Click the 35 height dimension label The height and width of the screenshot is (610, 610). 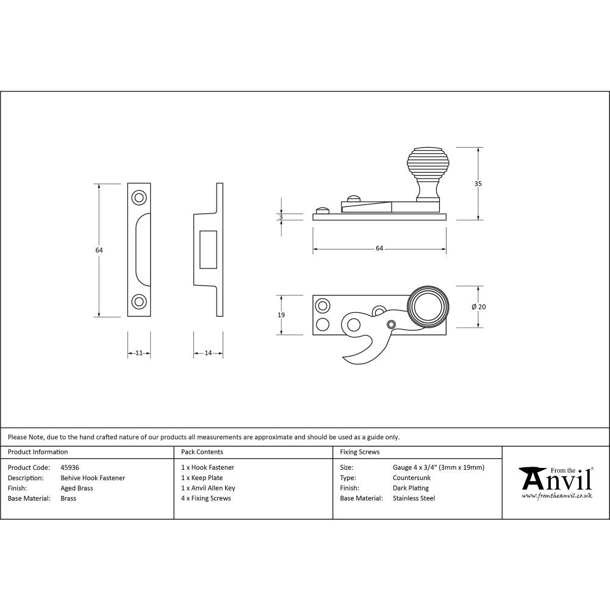[x=479, y=184]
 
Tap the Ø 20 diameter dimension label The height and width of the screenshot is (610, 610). [x=479, y=307]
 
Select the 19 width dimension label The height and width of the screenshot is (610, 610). [x=281, y=315]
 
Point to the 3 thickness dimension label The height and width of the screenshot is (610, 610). [x=281, y=217]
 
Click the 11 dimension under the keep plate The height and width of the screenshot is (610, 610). [x=139, y=353]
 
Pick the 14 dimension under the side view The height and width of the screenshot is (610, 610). [x=208, y=353]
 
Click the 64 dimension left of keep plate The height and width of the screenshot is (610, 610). [x=99, y=250]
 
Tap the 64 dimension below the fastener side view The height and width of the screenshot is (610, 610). [x=379, y=248]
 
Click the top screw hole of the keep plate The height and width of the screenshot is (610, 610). [x=139, y=198]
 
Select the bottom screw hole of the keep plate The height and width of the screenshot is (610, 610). [x=139, y=301]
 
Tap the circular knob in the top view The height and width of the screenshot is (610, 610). [x=428, y=307]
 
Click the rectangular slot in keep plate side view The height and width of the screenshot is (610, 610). [x=208, y=249]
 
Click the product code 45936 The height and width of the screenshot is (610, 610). [x=70, y=467]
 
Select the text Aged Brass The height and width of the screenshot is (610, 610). [x=77, y=488]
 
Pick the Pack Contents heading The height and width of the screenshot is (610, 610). [x=202, y=452]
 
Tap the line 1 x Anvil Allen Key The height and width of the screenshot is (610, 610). [x=208, y=488]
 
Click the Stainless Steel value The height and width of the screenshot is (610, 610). [x=414, y=498]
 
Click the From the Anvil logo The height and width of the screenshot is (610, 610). [x=556, y=482]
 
